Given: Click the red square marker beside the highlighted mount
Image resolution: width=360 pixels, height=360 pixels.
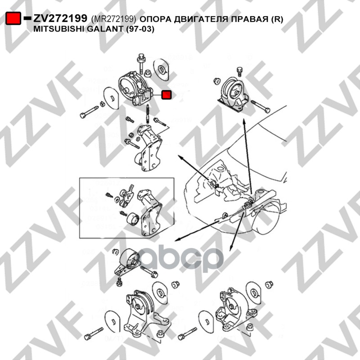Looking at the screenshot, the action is (x=166, y=94).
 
